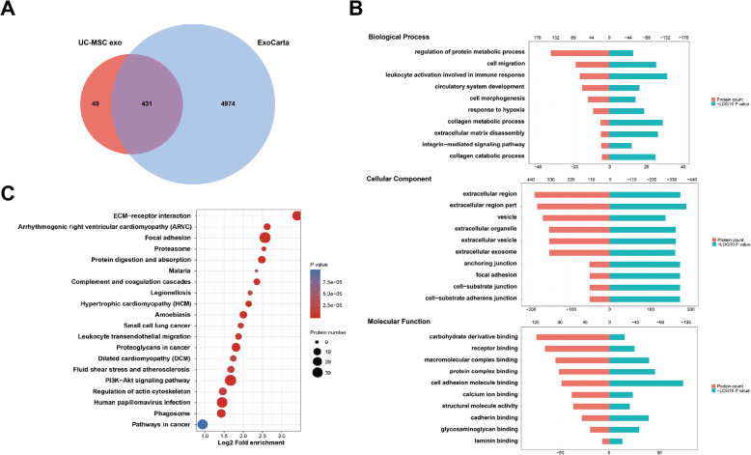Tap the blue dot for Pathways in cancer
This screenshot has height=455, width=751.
[x=203, y=424]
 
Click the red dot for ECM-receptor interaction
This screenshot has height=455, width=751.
[x=296, y=215]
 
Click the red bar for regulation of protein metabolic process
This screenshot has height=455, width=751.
[x=580, y=52]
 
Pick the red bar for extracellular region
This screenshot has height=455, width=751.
[x=571, y=194]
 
